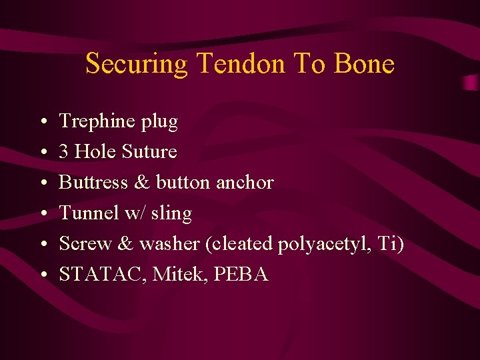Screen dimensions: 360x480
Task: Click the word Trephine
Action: point(97,121)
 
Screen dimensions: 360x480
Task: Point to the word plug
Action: point(159,123)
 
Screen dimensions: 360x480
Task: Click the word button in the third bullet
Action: point(183,182)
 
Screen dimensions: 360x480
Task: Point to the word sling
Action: point(171,214)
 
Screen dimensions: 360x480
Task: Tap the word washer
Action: point(169,243)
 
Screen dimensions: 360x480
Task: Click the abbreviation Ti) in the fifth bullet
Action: point(390,243)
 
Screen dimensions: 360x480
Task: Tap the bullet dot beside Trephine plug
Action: point(42,122)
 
